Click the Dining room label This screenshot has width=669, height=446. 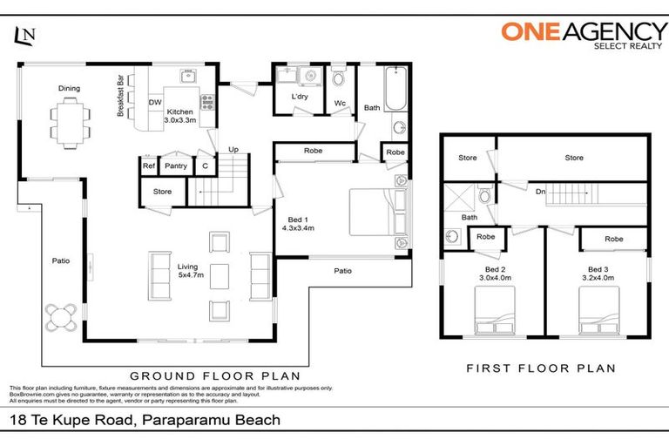click(x=70, y=88)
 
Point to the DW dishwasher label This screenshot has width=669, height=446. click(x=155, y=103)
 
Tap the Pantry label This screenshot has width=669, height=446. click(x=176, y=166)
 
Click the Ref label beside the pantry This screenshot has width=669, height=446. click(x=149, y=166)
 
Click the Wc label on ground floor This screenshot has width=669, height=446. click(x=340, y=103)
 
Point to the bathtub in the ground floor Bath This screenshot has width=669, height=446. click(x=395, y=90)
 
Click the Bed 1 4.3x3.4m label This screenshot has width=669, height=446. click(x=297, y=224)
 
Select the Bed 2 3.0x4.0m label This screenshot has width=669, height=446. click(x=492, y=274)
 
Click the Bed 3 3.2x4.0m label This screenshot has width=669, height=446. click(x=600, y=274)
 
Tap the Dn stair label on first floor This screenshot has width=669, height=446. click(x=540, y=192)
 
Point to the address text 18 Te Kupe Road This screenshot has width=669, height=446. click(x=145, y=421)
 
